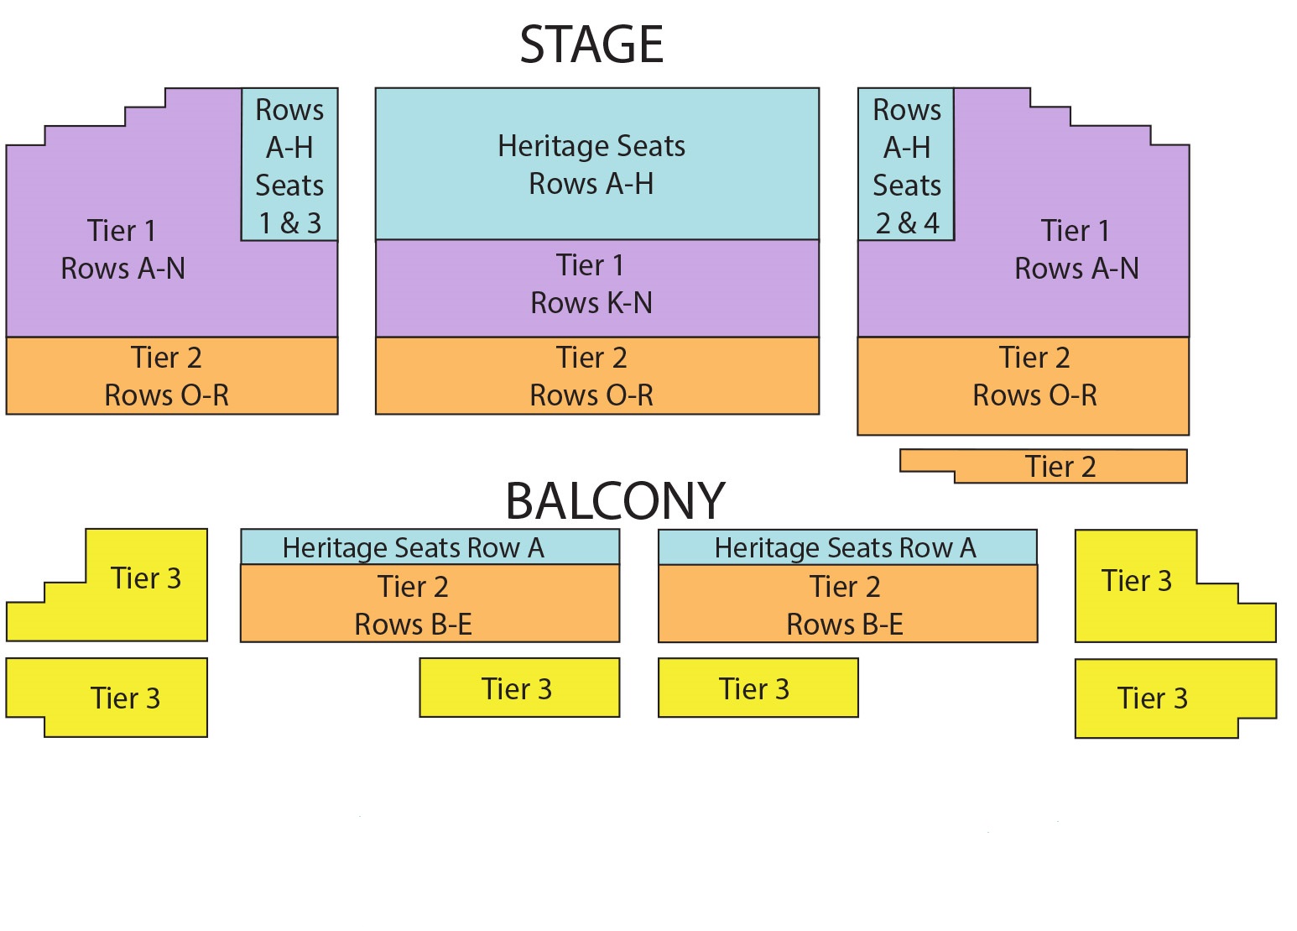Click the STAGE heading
click(x=591, y=44)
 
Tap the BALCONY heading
click(x=615, y=501)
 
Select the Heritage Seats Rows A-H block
click(x=596, y=164)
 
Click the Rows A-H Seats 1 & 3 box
click(x=289, y=165)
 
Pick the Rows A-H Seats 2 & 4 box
click(x=906, y=165)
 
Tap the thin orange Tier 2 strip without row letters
click(x=1060, y=467)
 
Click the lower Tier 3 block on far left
click(x=124, y=697)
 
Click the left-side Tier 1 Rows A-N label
click(x=122, y=249)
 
